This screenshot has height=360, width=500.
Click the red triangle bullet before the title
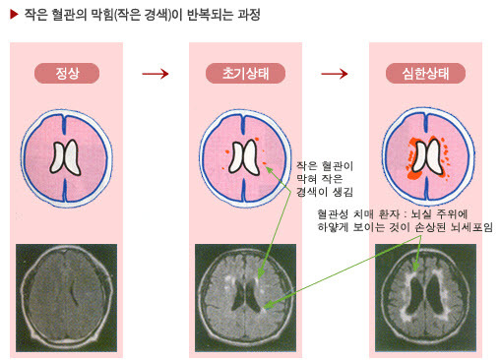(14, 15)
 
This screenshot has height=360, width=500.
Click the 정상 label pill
(67, 73)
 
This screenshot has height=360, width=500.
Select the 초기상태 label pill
(245, 73)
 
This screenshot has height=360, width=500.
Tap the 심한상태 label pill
(425, 73)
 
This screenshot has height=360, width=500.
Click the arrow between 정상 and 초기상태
(156, 74)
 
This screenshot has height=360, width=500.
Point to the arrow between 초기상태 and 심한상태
(335, 74)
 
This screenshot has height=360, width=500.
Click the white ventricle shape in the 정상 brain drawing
(66, 156)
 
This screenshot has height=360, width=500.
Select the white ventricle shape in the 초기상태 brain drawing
(244, 156)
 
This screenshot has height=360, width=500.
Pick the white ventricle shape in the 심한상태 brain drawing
(427, 155)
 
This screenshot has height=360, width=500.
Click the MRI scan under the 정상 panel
(66, 298)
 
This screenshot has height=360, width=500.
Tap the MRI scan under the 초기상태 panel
(245, 298)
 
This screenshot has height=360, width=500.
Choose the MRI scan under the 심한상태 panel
(425, 298)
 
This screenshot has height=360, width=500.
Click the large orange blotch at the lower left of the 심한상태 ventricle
(414, 174)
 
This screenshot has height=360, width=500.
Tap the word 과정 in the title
(249, 15)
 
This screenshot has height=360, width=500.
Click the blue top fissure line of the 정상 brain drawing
(65, 125)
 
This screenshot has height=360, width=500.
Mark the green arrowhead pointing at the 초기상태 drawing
(269, 169)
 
